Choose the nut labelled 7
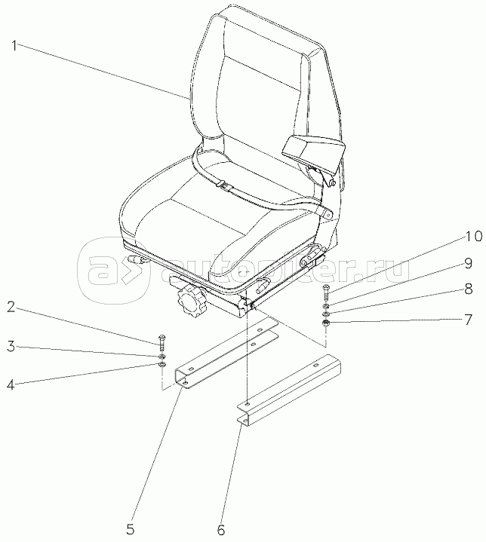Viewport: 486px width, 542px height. click(x=325, y=323)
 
